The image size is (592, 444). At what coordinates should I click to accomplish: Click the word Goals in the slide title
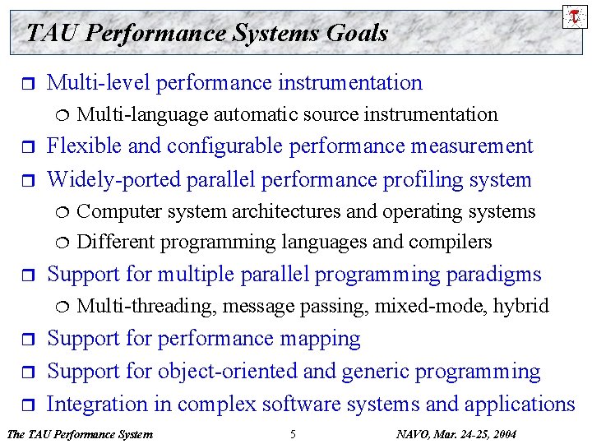(x=357, y=33)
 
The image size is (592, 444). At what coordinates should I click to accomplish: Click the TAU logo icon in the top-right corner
(x=574, y=15)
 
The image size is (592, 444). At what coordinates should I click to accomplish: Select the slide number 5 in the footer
(x=293, y=433)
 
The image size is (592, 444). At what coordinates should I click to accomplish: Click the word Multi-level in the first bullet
(x=99, y=82)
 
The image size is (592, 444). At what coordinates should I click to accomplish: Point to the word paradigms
(x=494, y=274)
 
